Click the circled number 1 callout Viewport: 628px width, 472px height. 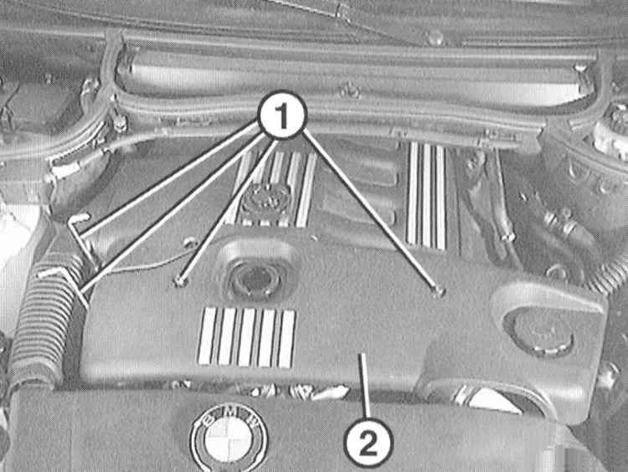pos(283,115)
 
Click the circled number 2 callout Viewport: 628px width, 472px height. pos(368,442)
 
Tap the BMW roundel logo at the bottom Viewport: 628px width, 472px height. pos(229,438)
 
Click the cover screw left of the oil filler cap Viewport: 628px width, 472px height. pos(181,281)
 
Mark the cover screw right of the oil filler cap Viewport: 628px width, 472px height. pos(439,293)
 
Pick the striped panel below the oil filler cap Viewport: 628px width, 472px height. pos(247,337)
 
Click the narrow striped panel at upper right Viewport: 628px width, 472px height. pos(426,196)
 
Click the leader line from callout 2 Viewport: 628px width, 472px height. pos(364,386)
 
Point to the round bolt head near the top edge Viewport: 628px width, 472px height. pos(435,38)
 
